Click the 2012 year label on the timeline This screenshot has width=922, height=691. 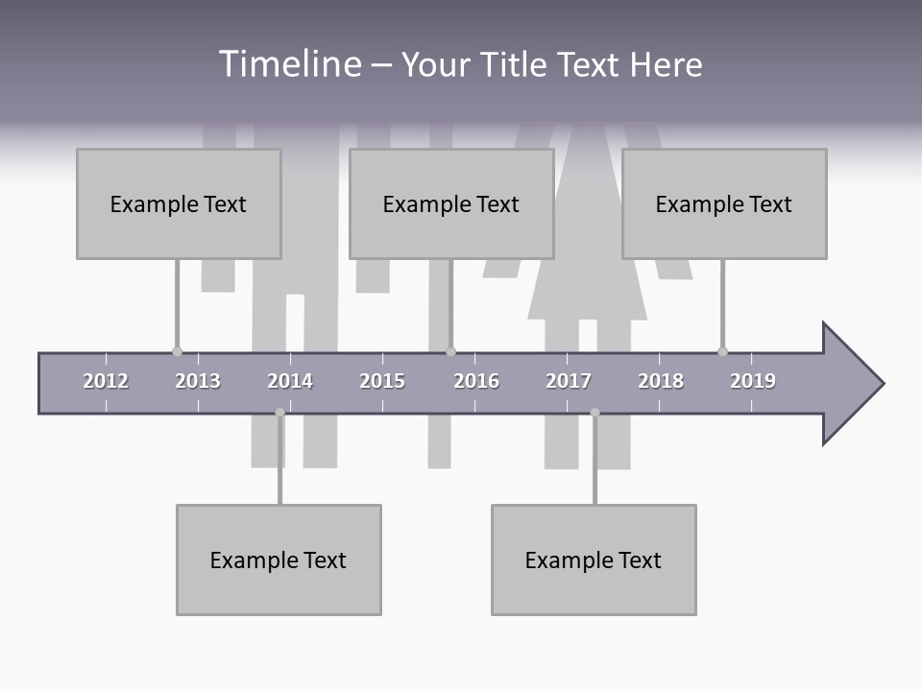tap(106, 381)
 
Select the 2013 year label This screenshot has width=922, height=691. tap(198, 381)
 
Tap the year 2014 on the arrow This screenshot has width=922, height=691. tap(290, 381)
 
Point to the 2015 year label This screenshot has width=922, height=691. tap(382, 381)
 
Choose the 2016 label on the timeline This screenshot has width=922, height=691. tap(476, 381)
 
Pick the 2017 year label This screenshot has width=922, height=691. tap(569, 381)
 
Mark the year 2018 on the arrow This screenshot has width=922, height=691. tap(661, 381)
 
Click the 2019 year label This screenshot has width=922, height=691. tap(753, 381)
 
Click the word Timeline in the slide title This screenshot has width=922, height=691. tap(289, 64)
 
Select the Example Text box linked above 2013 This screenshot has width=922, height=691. tap(179, 203)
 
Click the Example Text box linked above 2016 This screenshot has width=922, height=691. tap(451, 203)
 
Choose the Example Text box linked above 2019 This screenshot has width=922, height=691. tap(724, 203)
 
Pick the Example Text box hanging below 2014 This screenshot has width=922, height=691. tap(279, 560)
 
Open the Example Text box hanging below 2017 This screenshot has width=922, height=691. tap(594, 560)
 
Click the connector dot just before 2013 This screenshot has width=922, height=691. tap(177, 351)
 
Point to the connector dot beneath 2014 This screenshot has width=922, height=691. tap(279, 413)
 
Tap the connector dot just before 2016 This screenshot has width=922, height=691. tap(450, 351)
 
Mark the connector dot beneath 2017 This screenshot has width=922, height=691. tap(594, 413)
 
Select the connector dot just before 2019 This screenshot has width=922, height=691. tap(722, 351)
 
